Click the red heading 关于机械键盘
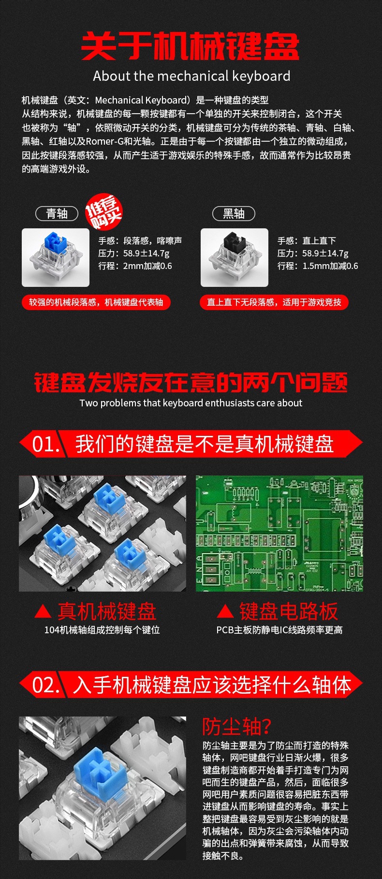pos(191,46)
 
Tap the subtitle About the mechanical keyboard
pos(191,76)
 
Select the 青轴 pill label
pos(57,213)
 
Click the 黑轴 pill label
pos(234,213)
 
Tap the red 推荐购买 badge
pos(103,213)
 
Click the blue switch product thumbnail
pos(56,257)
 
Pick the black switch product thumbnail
pos(235,257)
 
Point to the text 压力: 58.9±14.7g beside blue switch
pos(134,253)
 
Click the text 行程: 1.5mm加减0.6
pos(318,266)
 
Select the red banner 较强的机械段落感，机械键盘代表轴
pos(96,302)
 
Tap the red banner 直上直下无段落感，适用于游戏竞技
pos(274,302)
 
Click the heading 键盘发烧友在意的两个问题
pos(191,383)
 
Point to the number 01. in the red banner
pos(46,444)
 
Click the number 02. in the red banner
pos(46,685)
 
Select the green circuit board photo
pos(279,533)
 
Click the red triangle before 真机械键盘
pos(43,612)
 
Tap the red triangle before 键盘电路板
pos(225,612)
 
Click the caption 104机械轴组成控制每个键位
pos(102,630)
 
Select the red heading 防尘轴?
pos(237,726)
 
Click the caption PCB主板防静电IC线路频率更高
pos(279,630)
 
